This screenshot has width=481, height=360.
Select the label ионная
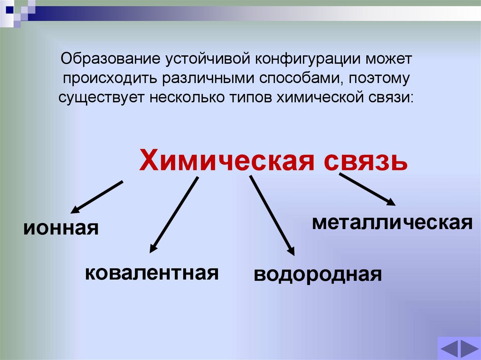tap(62, 229)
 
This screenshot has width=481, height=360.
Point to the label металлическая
tap(392, 222)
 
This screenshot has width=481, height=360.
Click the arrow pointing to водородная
tap(272, 215)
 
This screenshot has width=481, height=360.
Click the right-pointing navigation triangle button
tap(469, 350)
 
